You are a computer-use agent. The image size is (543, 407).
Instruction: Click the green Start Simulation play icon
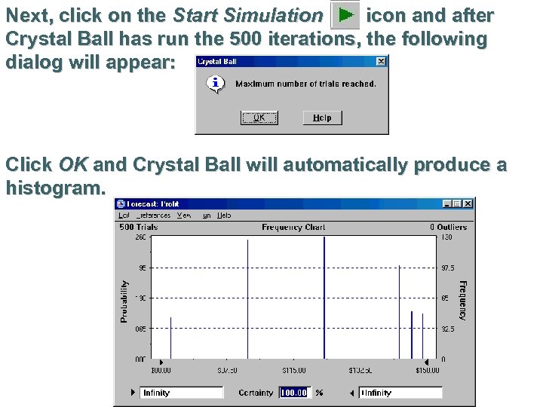click(345, 15)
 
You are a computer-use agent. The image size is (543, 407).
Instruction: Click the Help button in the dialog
click(322, 118)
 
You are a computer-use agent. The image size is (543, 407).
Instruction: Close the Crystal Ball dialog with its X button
click(381, 61)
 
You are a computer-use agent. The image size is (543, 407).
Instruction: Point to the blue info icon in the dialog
click(216, 84)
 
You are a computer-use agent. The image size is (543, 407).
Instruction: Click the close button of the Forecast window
click(468, 203)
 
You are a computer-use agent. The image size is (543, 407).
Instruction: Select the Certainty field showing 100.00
click(294, 393)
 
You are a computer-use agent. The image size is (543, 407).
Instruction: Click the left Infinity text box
click(182, 393)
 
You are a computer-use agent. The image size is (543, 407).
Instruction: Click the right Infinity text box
click(400, 393)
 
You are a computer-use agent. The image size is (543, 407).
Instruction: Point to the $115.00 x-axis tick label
click(293, 370)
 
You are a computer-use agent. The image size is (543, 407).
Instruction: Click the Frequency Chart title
click(293, 227)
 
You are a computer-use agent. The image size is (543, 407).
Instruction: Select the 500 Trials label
click(138, 227)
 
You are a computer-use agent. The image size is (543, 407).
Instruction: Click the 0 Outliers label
click(449, 227)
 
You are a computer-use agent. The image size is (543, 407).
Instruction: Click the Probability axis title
click(124, 301)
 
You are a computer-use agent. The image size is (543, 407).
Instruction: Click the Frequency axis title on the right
click(463, 300)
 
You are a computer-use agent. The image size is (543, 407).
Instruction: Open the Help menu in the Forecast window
click(224, 215)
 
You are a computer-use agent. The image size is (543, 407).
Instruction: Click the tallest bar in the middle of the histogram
click(324, 298)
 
